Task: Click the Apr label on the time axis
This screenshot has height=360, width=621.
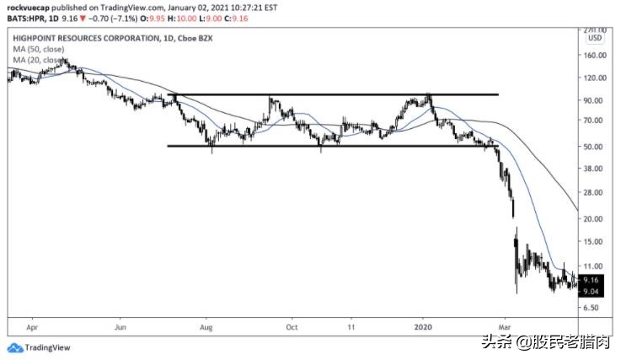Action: click(x=33, y=324)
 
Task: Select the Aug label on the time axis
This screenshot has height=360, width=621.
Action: click(x=207, y=324)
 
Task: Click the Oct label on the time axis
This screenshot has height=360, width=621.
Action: click(x=292, y=324)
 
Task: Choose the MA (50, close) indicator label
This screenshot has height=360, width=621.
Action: click(x=37, y=50)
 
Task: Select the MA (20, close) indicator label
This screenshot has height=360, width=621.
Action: click(x=37, y=61)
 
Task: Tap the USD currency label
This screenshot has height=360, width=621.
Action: click(x=596, y=38)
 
